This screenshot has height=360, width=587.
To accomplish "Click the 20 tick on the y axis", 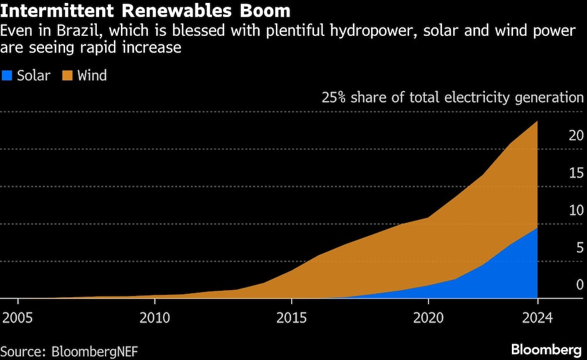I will click(x=576, y=136).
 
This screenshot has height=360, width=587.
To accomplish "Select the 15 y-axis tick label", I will click(x=576, y=173).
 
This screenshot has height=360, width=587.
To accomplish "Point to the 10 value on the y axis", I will click(x=576, y=211).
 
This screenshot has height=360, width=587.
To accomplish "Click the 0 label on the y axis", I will click(x=579, y=285).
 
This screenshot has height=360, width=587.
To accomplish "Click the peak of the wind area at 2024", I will click(x=537, y=122).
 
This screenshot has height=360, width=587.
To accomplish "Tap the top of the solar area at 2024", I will click(x=537, y=228).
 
